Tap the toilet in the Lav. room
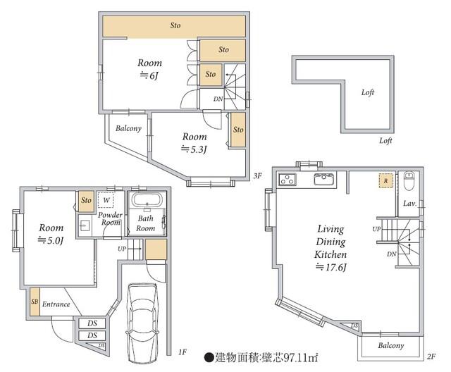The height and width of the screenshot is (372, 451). (408, 181)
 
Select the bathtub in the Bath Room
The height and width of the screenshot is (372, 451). (147, 199)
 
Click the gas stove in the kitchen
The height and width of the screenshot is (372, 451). (288, 179)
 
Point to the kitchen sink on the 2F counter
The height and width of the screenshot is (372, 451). (325, 180)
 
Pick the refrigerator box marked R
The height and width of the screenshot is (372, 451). (385, 181)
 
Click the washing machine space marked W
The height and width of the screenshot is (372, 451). (106, 200)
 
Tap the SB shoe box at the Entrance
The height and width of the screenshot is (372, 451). (35, 302)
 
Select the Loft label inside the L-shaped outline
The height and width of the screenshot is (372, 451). (368, 92)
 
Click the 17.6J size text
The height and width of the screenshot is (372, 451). (330, 267)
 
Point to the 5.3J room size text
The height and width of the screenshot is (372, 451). (194, 149)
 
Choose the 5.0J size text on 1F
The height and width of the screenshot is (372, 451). (51, 240)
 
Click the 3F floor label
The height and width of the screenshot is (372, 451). (258, 175)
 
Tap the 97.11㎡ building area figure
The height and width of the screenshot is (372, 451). (301, 358)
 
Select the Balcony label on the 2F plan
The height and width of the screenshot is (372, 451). (391, 345)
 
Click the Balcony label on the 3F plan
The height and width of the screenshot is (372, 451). (128, 128)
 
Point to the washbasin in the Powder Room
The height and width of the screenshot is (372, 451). (85, 225)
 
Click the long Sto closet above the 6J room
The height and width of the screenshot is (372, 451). (174, 26)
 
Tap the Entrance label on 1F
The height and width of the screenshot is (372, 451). (56, 304)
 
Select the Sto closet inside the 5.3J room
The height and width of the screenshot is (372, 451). (238, 130)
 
